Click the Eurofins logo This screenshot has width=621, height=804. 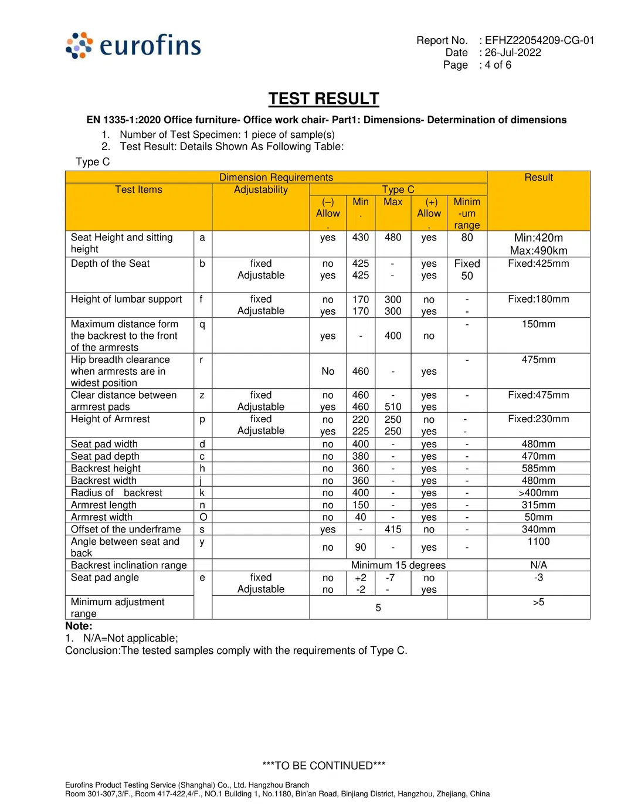click(x=134, y=45)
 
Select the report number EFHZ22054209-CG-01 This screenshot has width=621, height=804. click(x=539, y=40)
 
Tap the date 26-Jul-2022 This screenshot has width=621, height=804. click(x=513, y=53)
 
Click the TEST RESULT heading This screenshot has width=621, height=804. click(x=324, y=99)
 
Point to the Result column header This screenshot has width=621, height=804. click(x=538, y=178)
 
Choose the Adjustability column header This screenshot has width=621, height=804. click(x=261, y=190)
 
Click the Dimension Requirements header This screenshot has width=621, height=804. click(x=276, y=177)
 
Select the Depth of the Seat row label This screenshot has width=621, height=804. click(x=110, y=264)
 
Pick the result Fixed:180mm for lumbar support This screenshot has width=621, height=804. click(x=538, y=300)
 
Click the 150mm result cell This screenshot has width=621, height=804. click(x=538, y=324)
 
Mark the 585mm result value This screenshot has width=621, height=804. click(x=538, y=469)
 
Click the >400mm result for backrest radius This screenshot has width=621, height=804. click(x=538, y=493)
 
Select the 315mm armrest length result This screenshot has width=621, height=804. click(x=538, y=505)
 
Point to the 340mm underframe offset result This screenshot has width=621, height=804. click(x=538, y=530)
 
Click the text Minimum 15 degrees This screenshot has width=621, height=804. click(x=398, y=565)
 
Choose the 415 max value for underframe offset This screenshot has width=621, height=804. click(x=393, y=530)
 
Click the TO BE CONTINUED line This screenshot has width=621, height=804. click(x=324, y=766)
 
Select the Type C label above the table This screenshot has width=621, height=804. click(x=93, y=162)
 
